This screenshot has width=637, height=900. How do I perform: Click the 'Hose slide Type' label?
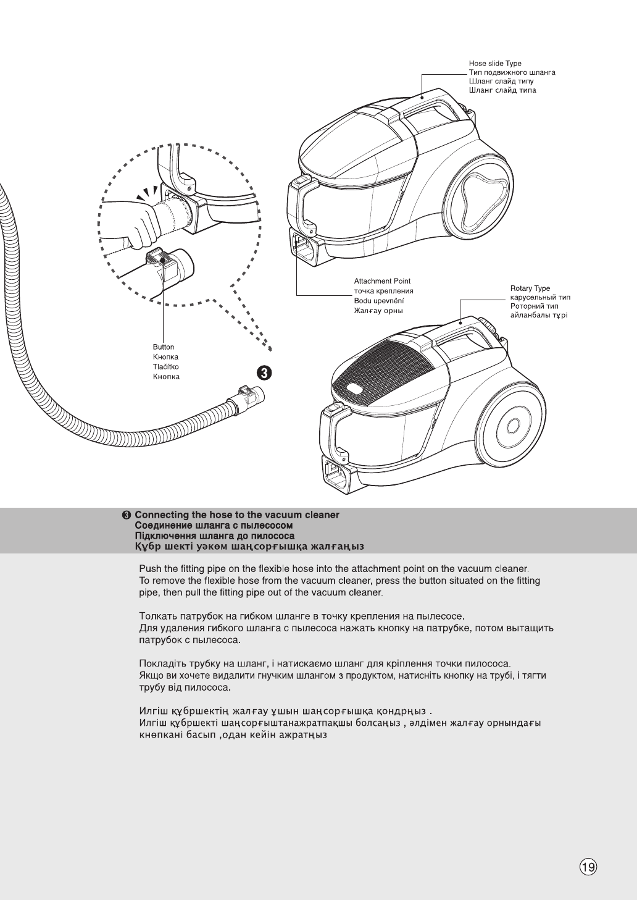494,64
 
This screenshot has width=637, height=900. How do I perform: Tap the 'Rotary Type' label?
530,288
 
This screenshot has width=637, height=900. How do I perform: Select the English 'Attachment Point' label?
382,281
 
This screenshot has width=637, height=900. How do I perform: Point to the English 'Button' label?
164,347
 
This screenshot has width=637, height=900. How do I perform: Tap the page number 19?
588,867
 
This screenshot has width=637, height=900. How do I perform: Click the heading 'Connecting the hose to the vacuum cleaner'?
237,515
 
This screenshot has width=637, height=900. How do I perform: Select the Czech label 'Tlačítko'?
166,367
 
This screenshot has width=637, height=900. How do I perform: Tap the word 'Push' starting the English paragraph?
151,568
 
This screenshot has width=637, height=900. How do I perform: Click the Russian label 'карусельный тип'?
540,298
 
